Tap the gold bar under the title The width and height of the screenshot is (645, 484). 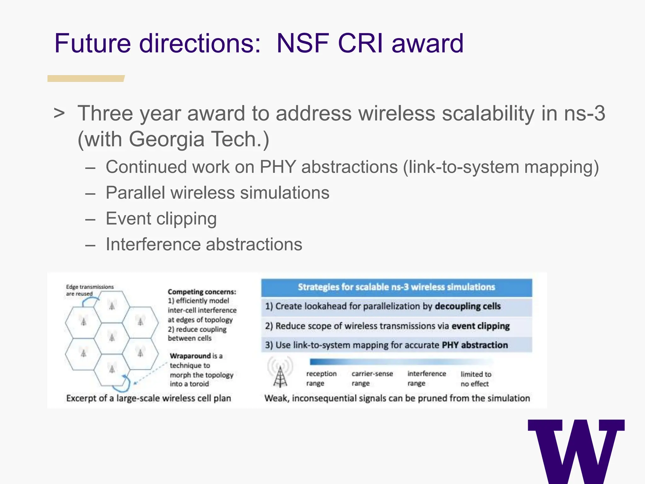coord(86,78)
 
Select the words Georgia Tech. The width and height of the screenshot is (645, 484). coord(199,139)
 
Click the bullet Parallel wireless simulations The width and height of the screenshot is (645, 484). coord(217,193)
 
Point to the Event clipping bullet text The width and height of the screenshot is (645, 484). coord(161,219)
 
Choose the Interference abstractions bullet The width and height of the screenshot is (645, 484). coord(204,245)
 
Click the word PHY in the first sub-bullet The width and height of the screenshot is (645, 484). coord(277,167)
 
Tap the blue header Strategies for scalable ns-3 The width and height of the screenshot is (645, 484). coord(396,287)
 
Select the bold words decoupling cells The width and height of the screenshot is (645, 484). coord(467,306)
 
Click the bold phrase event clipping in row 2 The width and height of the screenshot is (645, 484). coord(480,326)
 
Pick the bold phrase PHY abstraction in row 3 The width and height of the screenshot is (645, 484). coord(475,345)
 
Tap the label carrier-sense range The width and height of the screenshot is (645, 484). coord(372,378)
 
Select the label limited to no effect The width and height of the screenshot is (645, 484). coord(476,379)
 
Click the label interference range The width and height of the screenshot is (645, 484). coord(426,378)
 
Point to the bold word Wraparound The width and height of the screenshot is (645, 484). coord(190,356)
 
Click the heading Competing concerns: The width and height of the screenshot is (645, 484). coord(202,292)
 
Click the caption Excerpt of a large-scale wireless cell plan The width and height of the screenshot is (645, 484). coord(148,398)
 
